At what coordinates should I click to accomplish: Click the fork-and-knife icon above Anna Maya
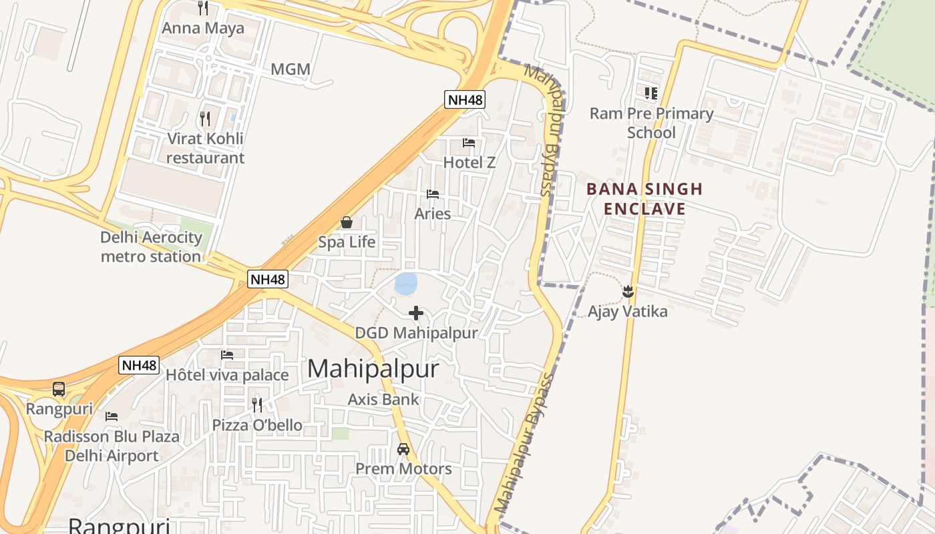pos(204,8)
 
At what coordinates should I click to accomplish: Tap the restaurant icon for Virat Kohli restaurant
pos(205,119)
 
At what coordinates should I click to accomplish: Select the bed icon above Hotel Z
pos(469,143)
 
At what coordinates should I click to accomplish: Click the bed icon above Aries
pos(433,194)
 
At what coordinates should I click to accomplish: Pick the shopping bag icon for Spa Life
pos(347,222)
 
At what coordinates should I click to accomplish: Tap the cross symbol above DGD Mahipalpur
pos(416,312)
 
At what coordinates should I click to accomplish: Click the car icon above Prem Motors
pos(403,449)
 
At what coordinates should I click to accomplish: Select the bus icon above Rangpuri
pos(59,388)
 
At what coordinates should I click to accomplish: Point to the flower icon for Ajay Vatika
pos(628,292)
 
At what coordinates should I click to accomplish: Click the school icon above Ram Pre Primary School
pos(651,93)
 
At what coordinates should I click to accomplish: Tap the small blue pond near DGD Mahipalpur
pos(406,284)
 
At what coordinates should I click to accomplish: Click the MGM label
pos(291,69)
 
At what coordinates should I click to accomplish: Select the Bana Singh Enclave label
pos(644,199)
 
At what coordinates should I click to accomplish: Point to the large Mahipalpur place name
pos(373,368)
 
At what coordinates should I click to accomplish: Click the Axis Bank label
pos(383,399)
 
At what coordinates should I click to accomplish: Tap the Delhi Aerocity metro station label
pos(151,247)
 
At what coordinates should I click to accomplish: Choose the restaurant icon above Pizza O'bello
pos(257,405)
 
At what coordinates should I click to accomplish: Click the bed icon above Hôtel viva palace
pos(227,354)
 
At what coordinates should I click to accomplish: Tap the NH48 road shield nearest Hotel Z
pos(465,100)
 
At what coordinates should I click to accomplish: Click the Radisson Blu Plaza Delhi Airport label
pos(112,446)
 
